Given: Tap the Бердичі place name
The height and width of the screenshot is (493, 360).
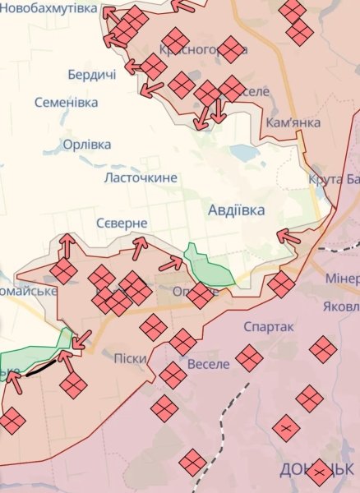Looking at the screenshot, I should [x=91, y=74].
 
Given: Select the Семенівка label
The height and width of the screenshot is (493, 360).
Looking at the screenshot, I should [x=67, y=103].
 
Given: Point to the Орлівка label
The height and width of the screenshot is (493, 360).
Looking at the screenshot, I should [x=87, y=145].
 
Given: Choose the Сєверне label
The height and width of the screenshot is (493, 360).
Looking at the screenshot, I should [x=122, y=223].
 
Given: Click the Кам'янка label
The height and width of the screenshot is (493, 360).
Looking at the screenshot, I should [x=293, y=122].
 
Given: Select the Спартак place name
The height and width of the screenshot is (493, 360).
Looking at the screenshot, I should [x=269, y=326].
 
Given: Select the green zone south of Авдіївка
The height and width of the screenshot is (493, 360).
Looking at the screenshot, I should [x=208, y=265].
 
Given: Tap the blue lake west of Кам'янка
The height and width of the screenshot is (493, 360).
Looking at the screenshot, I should [x=244, y=152].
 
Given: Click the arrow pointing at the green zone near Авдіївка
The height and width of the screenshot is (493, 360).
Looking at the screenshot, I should [x=172, y=263].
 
